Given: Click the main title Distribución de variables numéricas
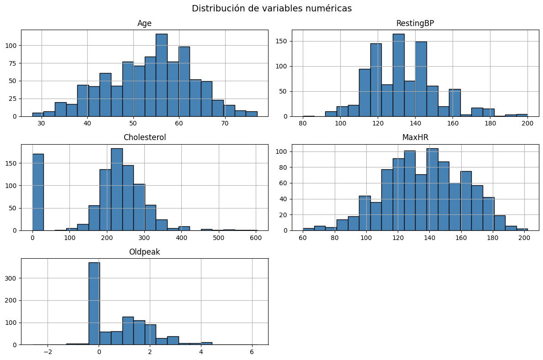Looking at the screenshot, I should point(272,9).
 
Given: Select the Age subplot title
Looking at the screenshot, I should point(144,23).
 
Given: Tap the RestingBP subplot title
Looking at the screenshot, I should point(415,23).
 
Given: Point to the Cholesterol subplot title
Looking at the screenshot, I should point(144,137).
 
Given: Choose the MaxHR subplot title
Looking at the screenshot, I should point(415,137).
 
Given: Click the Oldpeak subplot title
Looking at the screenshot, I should point(144,252).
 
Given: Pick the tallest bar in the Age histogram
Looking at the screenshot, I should point(161,75).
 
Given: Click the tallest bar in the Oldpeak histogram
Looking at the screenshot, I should point(94,303).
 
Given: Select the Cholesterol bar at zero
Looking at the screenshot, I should point(38,192).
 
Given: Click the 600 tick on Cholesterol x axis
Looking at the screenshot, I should point(256,238).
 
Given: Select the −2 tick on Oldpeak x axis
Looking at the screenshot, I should point(47,352).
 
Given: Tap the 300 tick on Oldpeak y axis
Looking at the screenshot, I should point(13,278).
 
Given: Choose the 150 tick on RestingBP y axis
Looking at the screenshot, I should point(284,42).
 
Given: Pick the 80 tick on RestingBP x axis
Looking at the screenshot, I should point(303,124).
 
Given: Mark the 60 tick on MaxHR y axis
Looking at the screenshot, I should point(285,183).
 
